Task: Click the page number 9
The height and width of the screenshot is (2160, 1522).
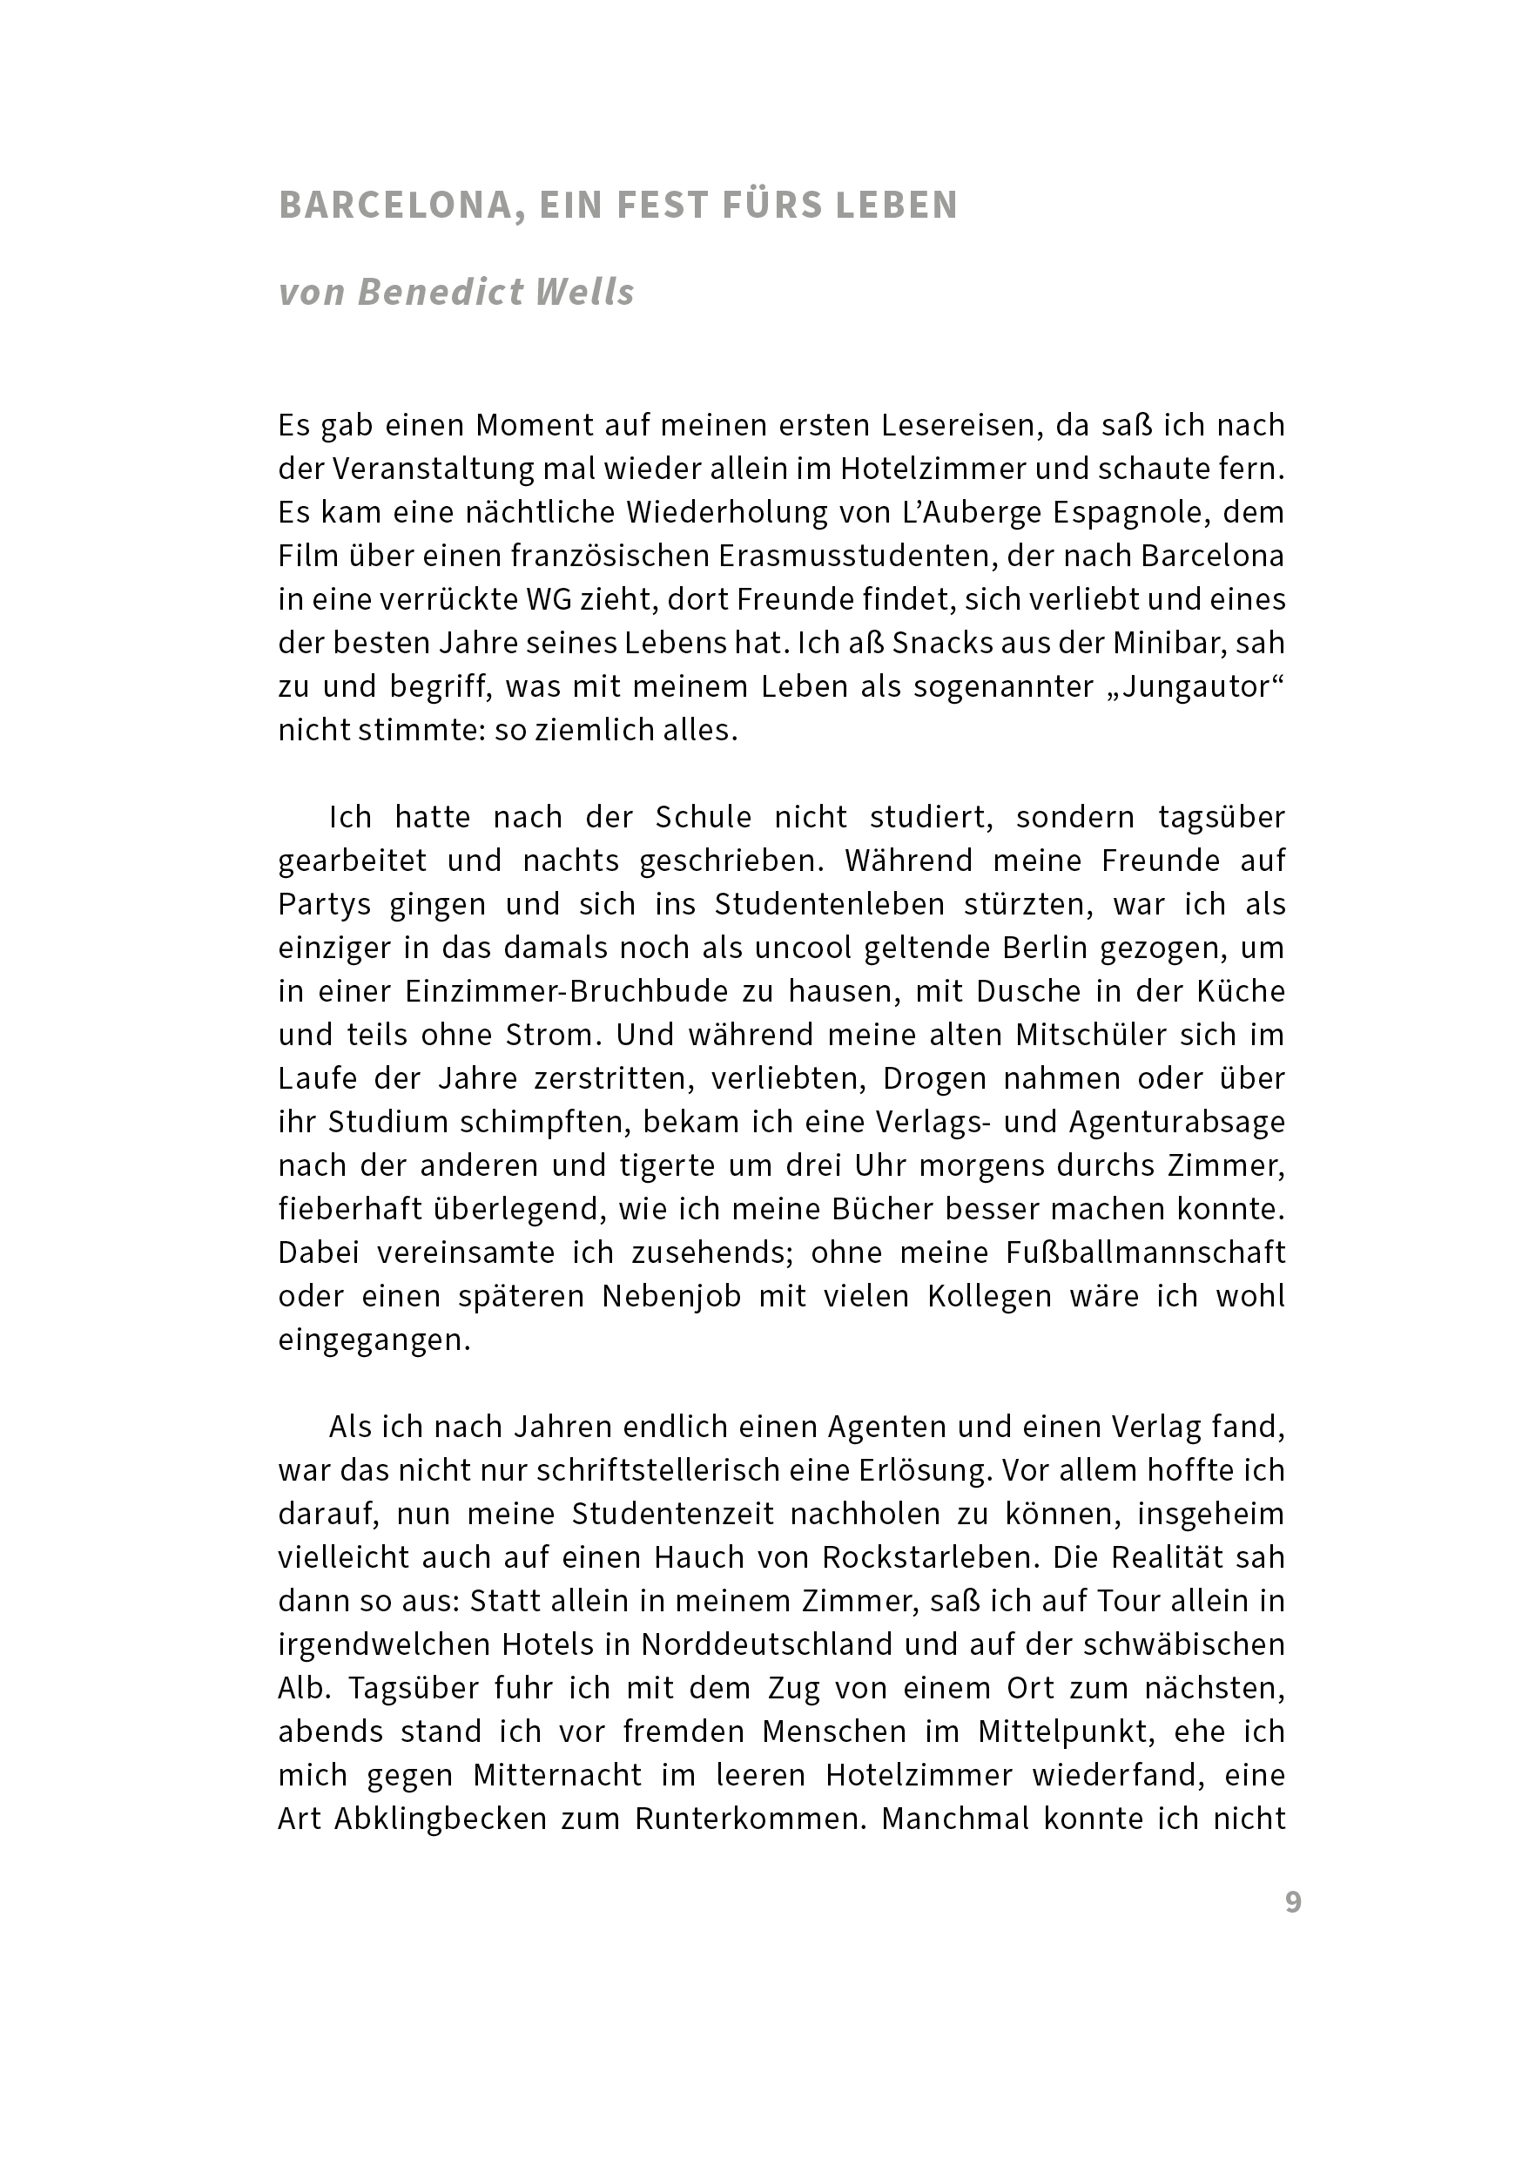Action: (x=1293, y=1902)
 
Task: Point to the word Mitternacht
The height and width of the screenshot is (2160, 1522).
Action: (x=570, y=1775)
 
